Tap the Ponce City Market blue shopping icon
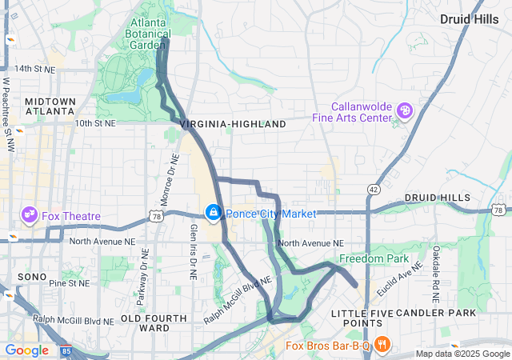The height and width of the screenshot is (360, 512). [x=214, y=213]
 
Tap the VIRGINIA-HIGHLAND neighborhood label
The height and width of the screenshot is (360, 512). [x=233, y=125]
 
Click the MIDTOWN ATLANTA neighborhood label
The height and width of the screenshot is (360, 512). [x=50, y=106]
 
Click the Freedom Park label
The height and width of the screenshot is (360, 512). [x=374, y=258]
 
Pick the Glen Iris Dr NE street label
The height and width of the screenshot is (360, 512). [x=193, y=251]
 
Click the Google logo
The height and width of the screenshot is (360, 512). [x=26, y=350]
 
